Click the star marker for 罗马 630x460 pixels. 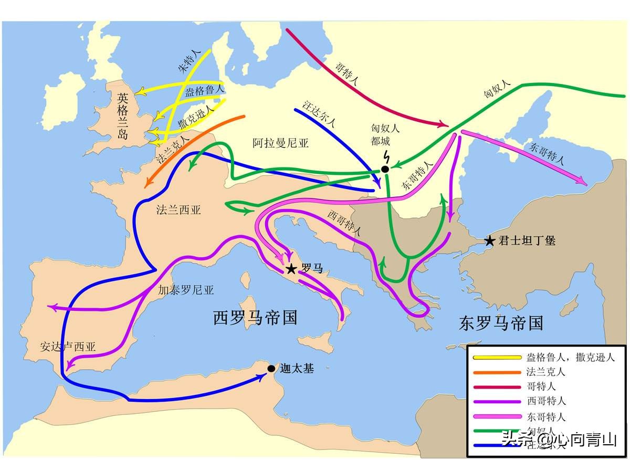pyautogui.click(x=291, y=269)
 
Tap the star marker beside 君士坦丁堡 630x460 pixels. pyautogui.click(x=489, y=241)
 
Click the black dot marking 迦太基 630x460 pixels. pyautogui.click(x=271, y=369)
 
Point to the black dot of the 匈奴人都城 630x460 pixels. pyautogui.click(x=385, y=169)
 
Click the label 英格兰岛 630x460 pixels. pyautogui.click(x=122, y=116)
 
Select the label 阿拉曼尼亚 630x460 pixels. pyautogui.click(x=280, y=143)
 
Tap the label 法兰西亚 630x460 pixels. pyautogui.click(x=178, y=210)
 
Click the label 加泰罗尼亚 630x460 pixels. pyautogui.click(x=186, y=289)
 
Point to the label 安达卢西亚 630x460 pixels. pyautogui.click(x=68, y=347)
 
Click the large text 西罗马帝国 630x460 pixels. pyautogui.click(x=256, y=318)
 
